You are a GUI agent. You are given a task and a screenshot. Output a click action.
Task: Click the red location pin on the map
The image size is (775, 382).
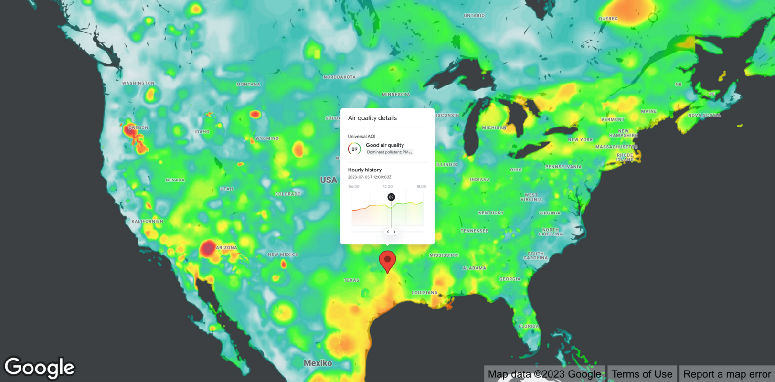387,260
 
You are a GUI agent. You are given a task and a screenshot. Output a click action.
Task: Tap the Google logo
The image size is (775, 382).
40,368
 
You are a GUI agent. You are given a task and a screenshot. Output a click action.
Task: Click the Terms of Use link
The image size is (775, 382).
641,374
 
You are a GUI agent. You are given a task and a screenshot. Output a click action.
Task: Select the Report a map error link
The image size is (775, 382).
727,374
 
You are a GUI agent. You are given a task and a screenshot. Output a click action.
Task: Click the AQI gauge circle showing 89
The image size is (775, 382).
354,149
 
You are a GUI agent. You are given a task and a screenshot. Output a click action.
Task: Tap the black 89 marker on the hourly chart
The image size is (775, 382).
391,197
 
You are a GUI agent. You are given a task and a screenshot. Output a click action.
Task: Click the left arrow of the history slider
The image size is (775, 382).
388,232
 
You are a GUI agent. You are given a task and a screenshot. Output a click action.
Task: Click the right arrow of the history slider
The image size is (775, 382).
394,232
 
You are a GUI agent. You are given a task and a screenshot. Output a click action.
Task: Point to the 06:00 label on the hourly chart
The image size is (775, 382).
354,187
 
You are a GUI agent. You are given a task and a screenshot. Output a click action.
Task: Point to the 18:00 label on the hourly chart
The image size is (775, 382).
421,187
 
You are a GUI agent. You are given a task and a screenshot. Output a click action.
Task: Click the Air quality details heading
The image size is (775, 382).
372,118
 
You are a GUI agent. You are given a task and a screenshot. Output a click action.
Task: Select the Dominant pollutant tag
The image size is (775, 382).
389,152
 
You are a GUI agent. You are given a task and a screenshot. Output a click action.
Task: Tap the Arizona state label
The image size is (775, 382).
226,248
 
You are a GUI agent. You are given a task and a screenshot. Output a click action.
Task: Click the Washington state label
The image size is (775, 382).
138,83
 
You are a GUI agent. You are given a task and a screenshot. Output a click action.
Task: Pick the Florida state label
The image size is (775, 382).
529,326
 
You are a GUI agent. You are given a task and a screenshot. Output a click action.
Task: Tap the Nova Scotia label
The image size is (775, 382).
704,116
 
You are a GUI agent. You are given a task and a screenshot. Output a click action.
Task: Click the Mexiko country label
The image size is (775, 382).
318,363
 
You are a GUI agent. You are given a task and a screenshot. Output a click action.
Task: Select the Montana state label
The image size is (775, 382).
248,85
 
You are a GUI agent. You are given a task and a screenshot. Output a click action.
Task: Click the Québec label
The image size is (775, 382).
608,19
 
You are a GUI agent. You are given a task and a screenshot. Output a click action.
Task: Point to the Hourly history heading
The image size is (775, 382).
364,170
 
